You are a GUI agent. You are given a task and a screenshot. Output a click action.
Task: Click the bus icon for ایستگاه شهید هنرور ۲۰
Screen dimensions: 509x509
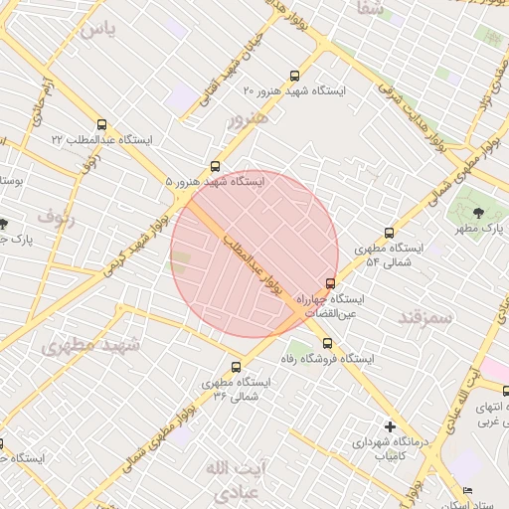[x=293, y=76]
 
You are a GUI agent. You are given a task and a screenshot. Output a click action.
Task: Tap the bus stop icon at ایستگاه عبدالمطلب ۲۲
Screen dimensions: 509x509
[x=101, y=125]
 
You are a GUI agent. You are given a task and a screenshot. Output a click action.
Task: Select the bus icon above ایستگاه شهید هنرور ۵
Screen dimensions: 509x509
[x=216, y=166]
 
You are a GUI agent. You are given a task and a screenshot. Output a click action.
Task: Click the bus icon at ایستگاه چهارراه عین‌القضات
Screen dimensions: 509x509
[x=331, y=283]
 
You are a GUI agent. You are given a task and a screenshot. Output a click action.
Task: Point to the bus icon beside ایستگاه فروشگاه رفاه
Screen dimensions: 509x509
[x=328, y=343]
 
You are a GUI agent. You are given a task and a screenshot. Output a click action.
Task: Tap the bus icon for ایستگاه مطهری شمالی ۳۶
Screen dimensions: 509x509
[x=237, y=367]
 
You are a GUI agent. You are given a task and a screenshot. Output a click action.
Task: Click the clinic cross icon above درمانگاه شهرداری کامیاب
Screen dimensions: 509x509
[x=390, y=426]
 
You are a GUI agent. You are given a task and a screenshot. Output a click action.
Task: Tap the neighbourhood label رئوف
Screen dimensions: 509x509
[x=56, y=215]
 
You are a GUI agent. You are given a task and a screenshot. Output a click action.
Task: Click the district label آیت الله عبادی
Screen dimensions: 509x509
[x=234, y=479]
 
